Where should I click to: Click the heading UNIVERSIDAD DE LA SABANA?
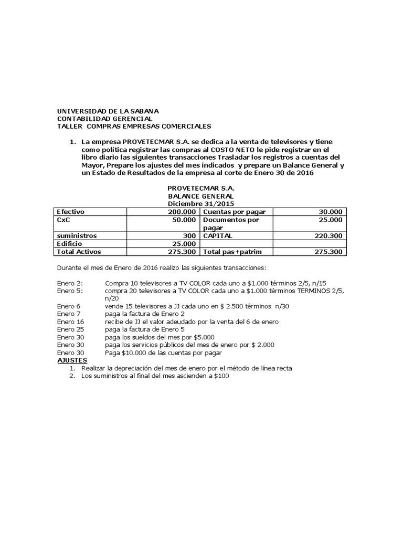coord(108,111)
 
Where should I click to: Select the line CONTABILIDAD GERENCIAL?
coord(104,119)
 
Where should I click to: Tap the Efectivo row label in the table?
coord(71,212)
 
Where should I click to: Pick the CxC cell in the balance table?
coord(63,220)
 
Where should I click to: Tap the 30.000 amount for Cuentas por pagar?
coord(330,212)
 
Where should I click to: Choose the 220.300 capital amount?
coord(328,236)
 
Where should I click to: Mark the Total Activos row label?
coord(78,252)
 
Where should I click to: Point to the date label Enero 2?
coord(69,283)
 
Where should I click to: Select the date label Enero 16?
coord(70,322)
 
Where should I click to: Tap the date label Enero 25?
coord(70,329)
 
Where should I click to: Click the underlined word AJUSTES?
coord(71,360)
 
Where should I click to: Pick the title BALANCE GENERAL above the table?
coord(201,196)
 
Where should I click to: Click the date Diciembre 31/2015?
coord(201,204)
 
